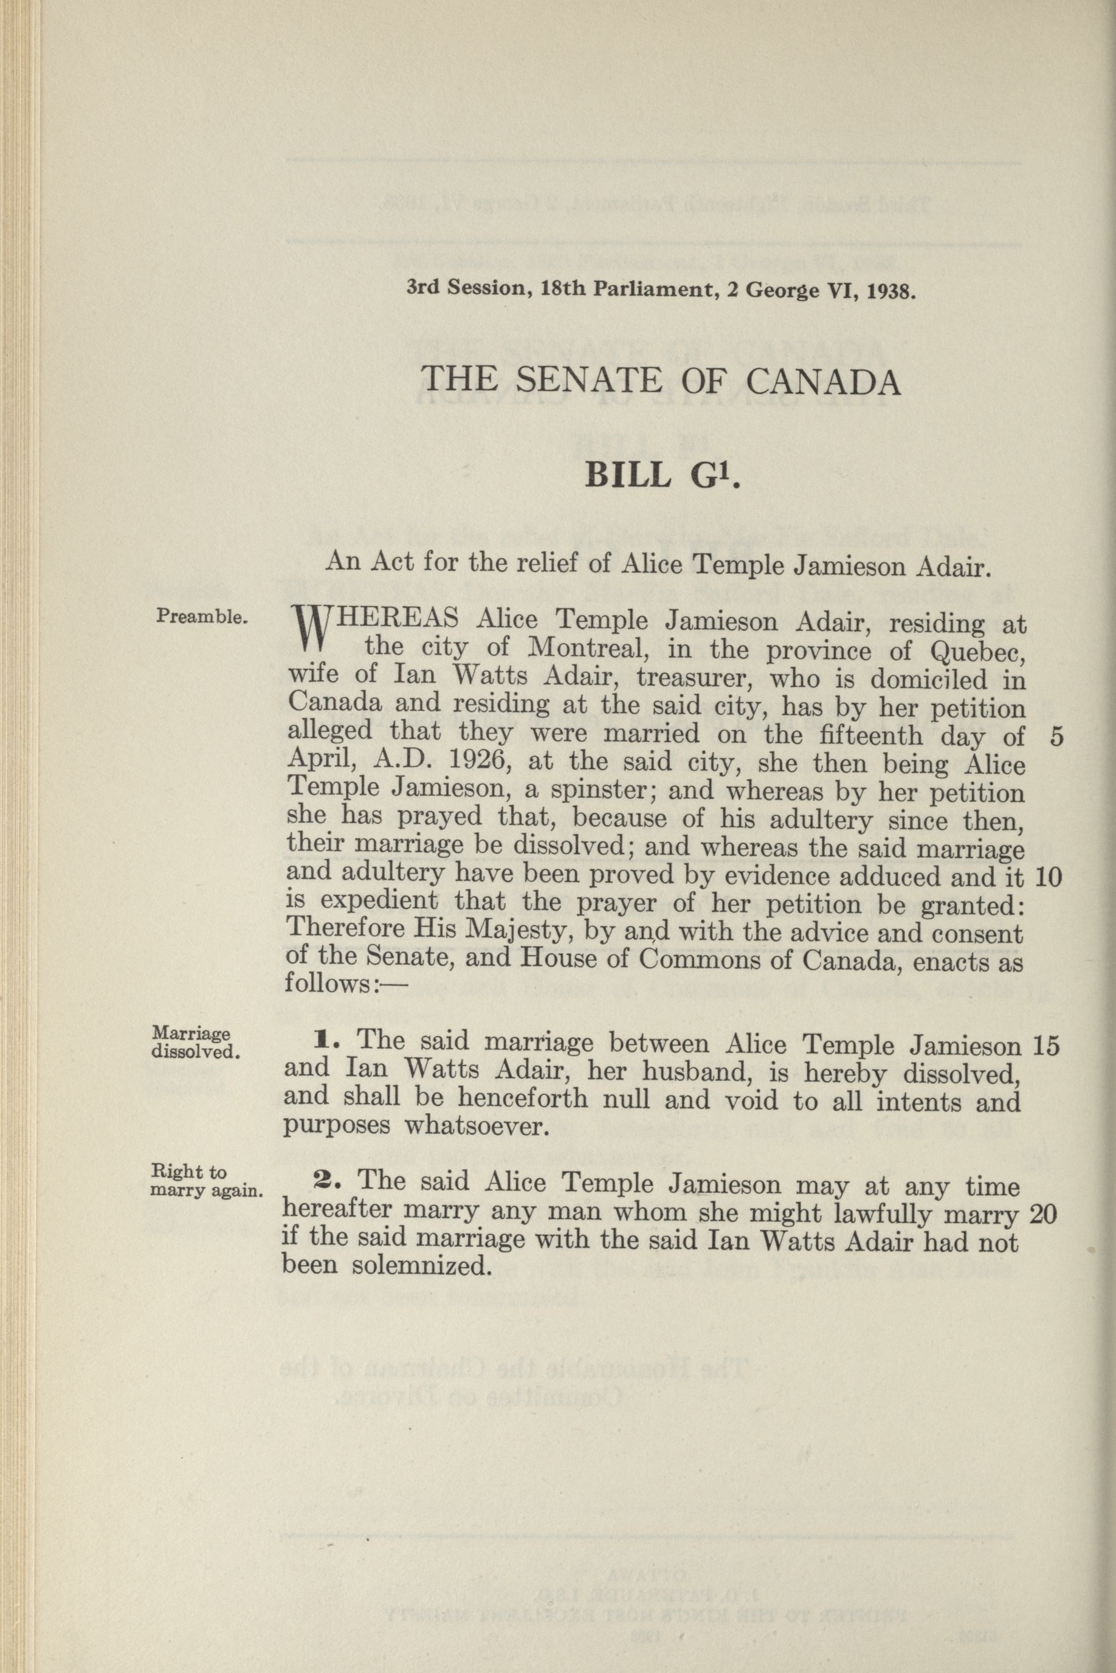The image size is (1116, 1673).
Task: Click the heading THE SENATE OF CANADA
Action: tap(661, 380)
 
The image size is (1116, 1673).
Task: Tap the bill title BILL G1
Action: tap(663, 475)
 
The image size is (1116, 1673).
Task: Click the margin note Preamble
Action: tap(201, 616)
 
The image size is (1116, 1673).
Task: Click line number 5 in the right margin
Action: tap(1056, 737)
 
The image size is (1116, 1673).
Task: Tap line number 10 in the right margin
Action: tap(1049, 877)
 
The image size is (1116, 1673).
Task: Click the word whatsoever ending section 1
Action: tap(477, 1126)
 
